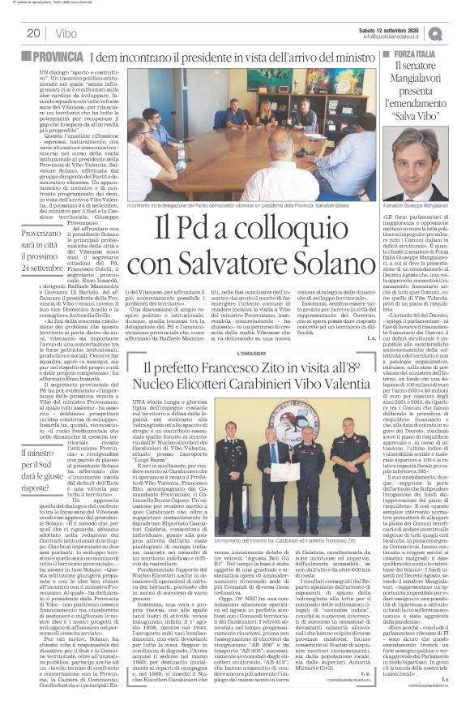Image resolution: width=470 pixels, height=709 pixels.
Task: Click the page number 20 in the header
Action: (33, 33)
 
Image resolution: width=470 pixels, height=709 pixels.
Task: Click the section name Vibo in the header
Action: (67, 33)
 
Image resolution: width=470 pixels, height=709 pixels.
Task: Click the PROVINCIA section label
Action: (66, 57)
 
